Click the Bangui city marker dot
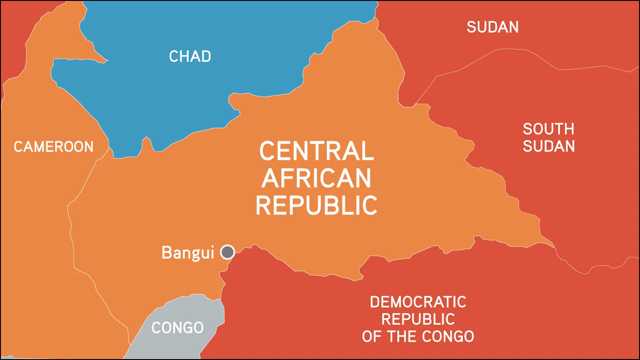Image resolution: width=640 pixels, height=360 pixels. [x=227, y=252]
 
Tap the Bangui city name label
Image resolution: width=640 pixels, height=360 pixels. [x=188, y=253]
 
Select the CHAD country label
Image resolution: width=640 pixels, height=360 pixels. [x=190, y=56]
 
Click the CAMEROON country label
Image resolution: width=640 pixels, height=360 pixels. [x=54, y=146]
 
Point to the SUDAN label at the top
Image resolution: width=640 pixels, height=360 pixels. [x=493, y=27]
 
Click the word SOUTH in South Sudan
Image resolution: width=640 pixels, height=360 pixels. [x=549, y=129]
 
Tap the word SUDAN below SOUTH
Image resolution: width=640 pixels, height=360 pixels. [x=549, y=146]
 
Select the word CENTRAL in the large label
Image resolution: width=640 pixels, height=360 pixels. [x=317, y=151]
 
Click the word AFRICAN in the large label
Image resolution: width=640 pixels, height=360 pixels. [x=316, y=178]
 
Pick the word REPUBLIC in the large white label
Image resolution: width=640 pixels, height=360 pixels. [x=316, y=205]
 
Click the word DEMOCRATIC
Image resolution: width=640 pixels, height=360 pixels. [x=418, y=302]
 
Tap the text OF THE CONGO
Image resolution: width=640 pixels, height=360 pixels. [x=418, y=336]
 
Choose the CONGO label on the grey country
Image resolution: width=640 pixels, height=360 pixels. [x=177, y=328]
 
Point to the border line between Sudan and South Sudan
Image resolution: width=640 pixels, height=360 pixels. [x=500, y=50]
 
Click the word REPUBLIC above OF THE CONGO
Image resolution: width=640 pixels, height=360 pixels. [x=418, y=319]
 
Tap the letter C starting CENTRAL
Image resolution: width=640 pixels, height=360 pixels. [x=267, y=151]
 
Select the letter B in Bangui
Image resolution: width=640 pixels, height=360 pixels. [x=166, y=253]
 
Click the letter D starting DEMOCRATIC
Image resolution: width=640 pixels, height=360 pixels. [x=374, y=302]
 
